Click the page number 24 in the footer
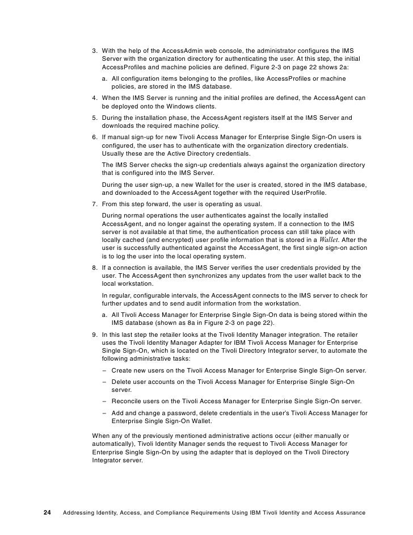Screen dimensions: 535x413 (x=48, y=512)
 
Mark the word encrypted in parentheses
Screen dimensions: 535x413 (x=157, y=240)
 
